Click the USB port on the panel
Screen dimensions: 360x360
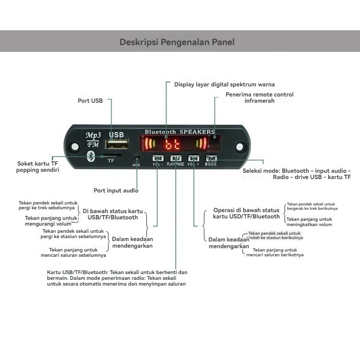click(118, 145)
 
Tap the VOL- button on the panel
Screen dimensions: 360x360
click(158, 158)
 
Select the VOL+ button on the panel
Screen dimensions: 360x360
click(193, 158)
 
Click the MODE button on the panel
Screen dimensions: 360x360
click(211, 158)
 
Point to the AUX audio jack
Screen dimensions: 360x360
click(137, 158)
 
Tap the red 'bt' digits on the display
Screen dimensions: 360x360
click(172, 144)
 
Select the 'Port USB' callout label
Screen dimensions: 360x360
click(90, 101)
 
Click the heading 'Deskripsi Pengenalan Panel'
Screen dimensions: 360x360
click(177, 42)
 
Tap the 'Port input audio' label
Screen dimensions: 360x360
click(116, 191)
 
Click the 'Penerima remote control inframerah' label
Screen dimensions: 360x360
click(260, 97)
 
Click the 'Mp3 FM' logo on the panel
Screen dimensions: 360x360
click(92, 140)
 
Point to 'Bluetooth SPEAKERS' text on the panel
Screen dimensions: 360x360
click(180, 132)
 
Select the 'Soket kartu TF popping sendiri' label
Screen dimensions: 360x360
click(38, 167)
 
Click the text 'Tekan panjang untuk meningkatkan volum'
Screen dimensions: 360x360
click(309, 222)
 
